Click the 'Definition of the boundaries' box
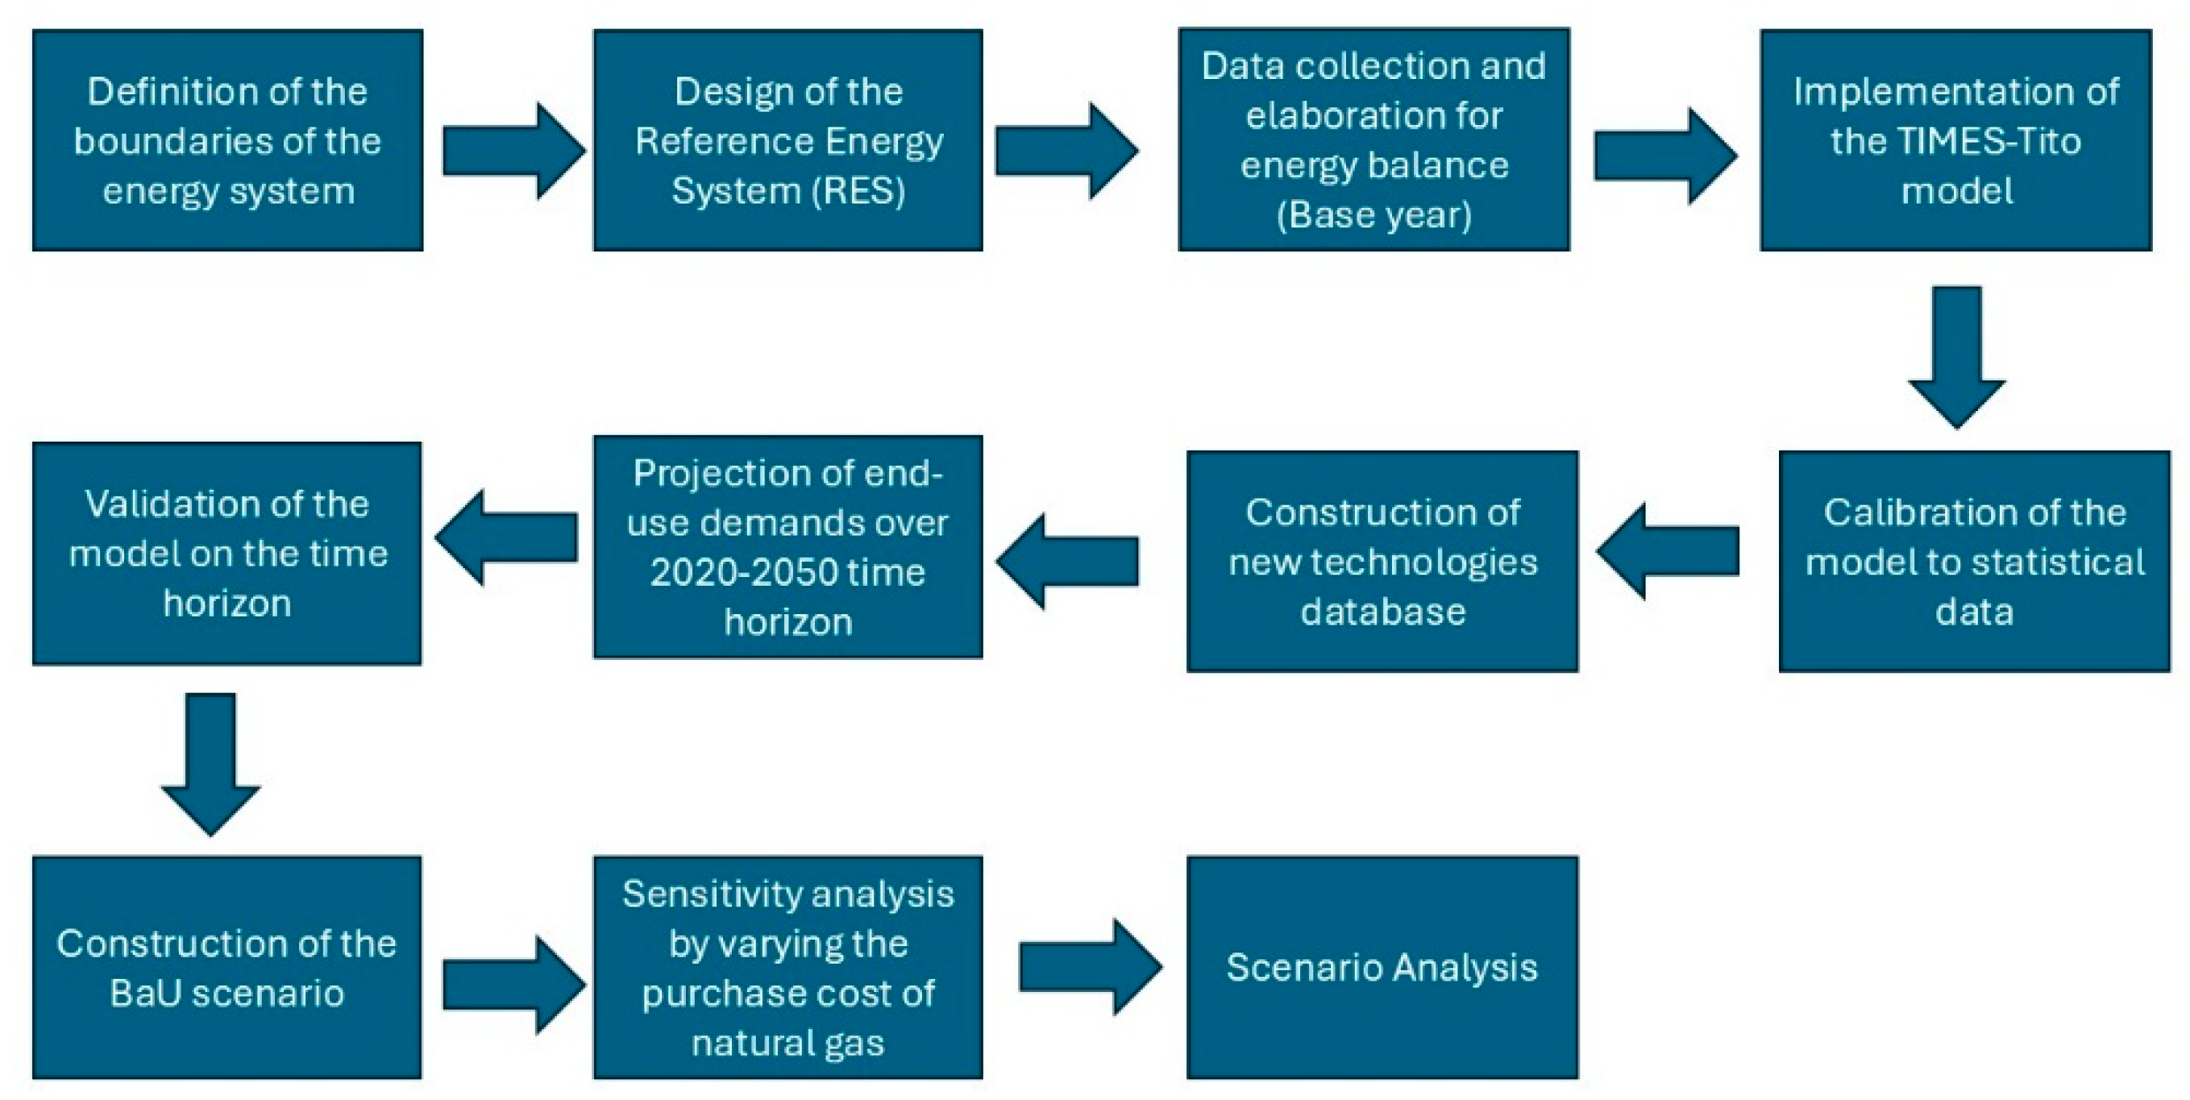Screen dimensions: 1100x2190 point(227,140)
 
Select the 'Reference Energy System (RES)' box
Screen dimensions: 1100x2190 point(788,140)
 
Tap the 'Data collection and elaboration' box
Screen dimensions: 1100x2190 point(1373,139)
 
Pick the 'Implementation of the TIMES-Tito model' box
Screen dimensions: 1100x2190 point(1955,140)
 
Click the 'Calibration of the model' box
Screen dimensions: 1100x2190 point(1974,561)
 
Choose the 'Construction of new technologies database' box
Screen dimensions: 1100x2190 point(1382,561)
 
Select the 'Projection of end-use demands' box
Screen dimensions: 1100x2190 point(788,546)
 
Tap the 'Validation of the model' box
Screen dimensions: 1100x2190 point(227,554)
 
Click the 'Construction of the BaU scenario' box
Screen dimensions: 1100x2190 point(227,967)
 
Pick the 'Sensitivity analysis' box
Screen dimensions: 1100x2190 point(788,967)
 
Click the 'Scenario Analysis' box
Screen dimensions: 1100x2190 point(1382,967)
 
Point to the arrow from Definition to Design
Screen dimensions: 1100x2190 point(513,152)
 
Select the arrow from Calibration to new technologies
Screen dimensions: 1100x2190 point(1668,551)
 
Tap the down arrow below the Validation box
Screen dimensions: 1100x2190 point(210,762)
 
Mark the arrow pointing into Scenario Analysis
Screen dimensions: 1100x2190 point(1090,966)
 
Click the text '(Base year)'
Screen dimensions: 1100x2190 point(1373,214)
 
